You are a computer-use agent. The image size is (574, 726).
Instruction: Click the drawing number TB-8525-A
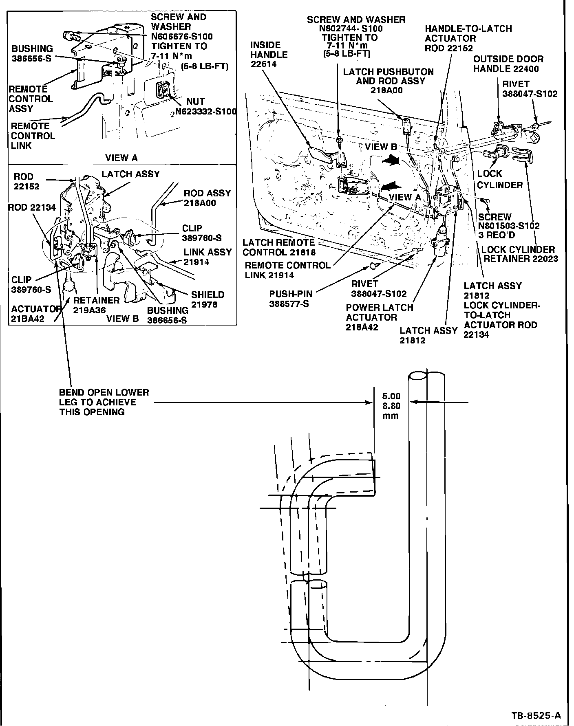tap(536, 715)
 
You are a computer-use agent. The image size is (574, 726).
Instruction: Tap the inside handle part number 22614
tap(263, 64)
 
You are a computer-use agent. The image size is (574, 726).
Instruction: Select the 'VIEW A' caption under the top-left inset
tap(121, 158)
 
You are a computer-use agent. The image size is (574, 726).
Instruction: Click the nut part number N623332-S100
tap(206, 111)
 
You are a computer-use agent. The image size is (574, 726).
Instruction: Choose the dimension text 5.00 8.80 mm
tap(391, 406)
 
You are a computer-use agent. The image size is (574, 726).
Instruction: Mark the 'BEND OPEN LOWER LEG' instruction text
tap(104, 402)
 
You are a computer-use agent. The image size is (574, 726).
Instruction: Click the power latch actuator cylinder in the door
tap(442, 243)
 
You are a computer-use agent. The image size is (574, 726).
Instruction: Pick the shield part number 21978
tap(204, 304)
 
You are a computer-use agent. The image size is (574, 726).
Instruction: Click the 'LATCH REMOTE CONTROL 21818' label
tap(278, 247)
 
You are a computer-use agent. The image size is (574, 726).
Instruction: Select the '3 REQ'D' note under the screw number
tap(496, 235)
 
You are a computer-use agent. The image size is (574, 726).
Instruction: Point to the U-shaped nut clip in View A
tap(163, 90)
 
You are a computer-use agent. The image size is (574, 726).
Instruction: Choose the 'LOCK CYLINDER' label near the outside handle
tap(499, 179)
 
